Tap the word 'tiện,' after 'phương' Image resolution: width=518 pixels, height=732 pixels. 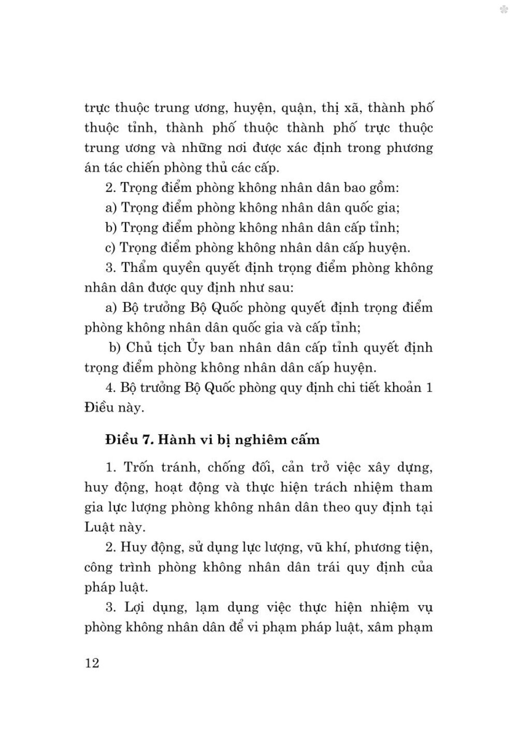click(x=414, y=547)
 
